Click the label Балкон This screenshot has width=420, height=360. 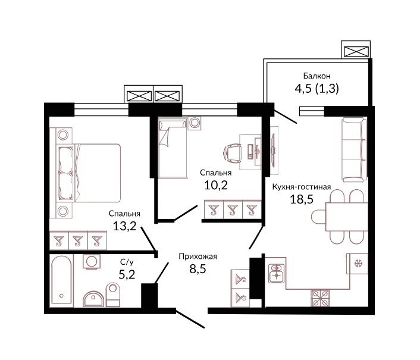pyautogui.click(x=316, y=76)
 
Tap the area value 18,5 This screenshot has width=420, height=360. pyautogui.click(x=302, y=199)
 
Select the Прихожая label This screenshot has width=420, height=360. pyautogui.click(x=198, y=256)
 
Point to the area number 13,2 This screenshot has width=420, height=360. pyautogui.click(x=124, y=226)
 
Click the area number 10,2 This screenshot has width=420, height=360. pyautogui.click(x=216, y=185)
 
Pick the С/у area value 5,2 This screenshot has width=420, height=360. pyautogui.click(x=127, y=274)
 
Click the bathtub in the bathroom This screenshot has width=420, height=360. pyautogui.click(x=62, y=281)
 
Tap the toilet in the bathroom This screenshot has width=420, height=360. pyautogui.click(x=113, y=295)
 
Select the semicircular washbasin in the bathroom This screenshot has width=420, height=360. pyautogui.click(x=93, y=299)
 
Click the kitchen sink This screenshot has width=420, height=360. pyautogui.click(x=277, y=273)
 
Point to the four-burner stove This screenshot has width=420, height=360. pyautogui.click(x=321, y=298)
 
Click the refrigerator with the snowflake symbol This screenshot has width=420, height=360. pyautogui.click(x=358, y=264)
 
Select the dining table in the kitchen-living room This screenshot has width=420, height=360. pyautogui.click(x=347, y=217)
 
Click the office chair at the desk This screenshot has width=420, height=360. pyautogui.click(x=231, y=153)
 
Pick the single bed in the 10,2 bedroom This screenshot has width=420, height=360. pyautogui.click(x=173, y=148)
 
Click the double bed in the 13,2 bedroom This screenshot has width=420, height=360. pyautogui.click(x=89, y=173)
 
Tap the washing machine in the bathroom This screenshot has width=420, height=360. pyautogui.click(x=92, y=262)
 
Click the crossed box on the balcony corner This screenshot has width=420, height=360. pyautogui.click(x=356, y=51)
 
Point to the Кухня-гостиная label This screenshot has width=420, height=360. pyautogui.click(x=302, y=187)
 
